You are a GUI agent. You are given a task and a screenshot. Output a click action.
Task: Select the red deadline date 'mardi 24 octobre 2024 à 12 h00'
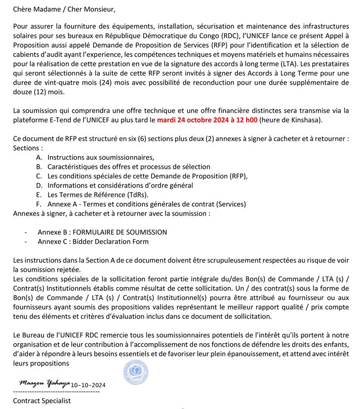(207, 120)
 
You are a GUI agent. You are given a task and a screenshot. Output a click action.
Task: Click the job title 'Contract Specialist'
(42, 401)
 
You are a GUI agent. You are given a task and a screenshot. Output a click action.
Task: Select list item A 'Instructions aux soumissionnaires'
(101, 158)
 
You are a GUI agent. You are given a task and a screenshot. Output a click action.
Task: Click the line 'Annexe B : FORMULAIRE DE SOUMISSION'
(102, 232)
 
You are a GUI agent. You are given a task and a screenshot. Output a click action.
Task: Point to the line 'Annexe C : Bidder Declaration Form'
(93, 241)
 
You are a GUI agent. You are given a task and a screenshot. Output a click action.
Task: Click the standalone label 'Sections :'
(28, 148)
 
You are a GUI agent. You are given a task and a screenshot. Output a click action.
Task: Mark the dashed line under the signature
(56, 392)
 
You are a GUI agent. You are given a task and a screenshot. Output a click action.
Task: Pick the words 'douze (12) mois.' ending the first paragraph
(38, 93)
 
